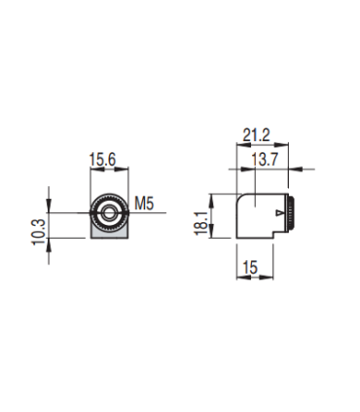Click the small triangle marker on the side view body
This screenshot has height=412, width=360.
[280, 212]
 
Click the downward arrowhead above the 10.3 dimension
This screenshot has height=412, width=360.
[51, 208]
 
